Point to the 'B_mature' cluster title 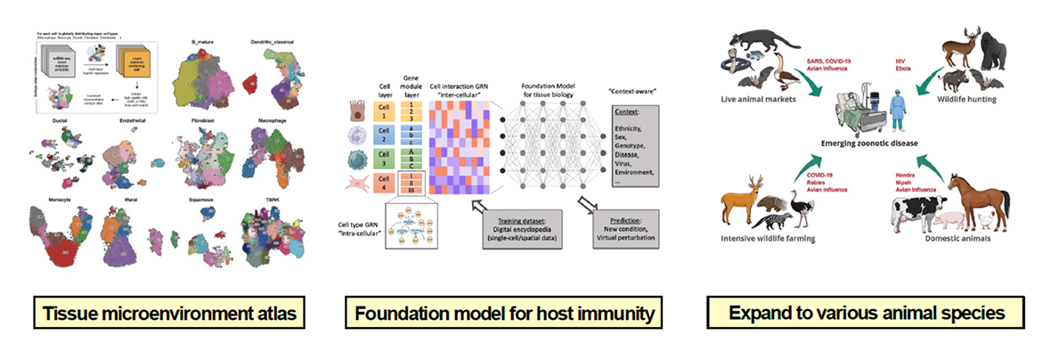click(x=203, y=42)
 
